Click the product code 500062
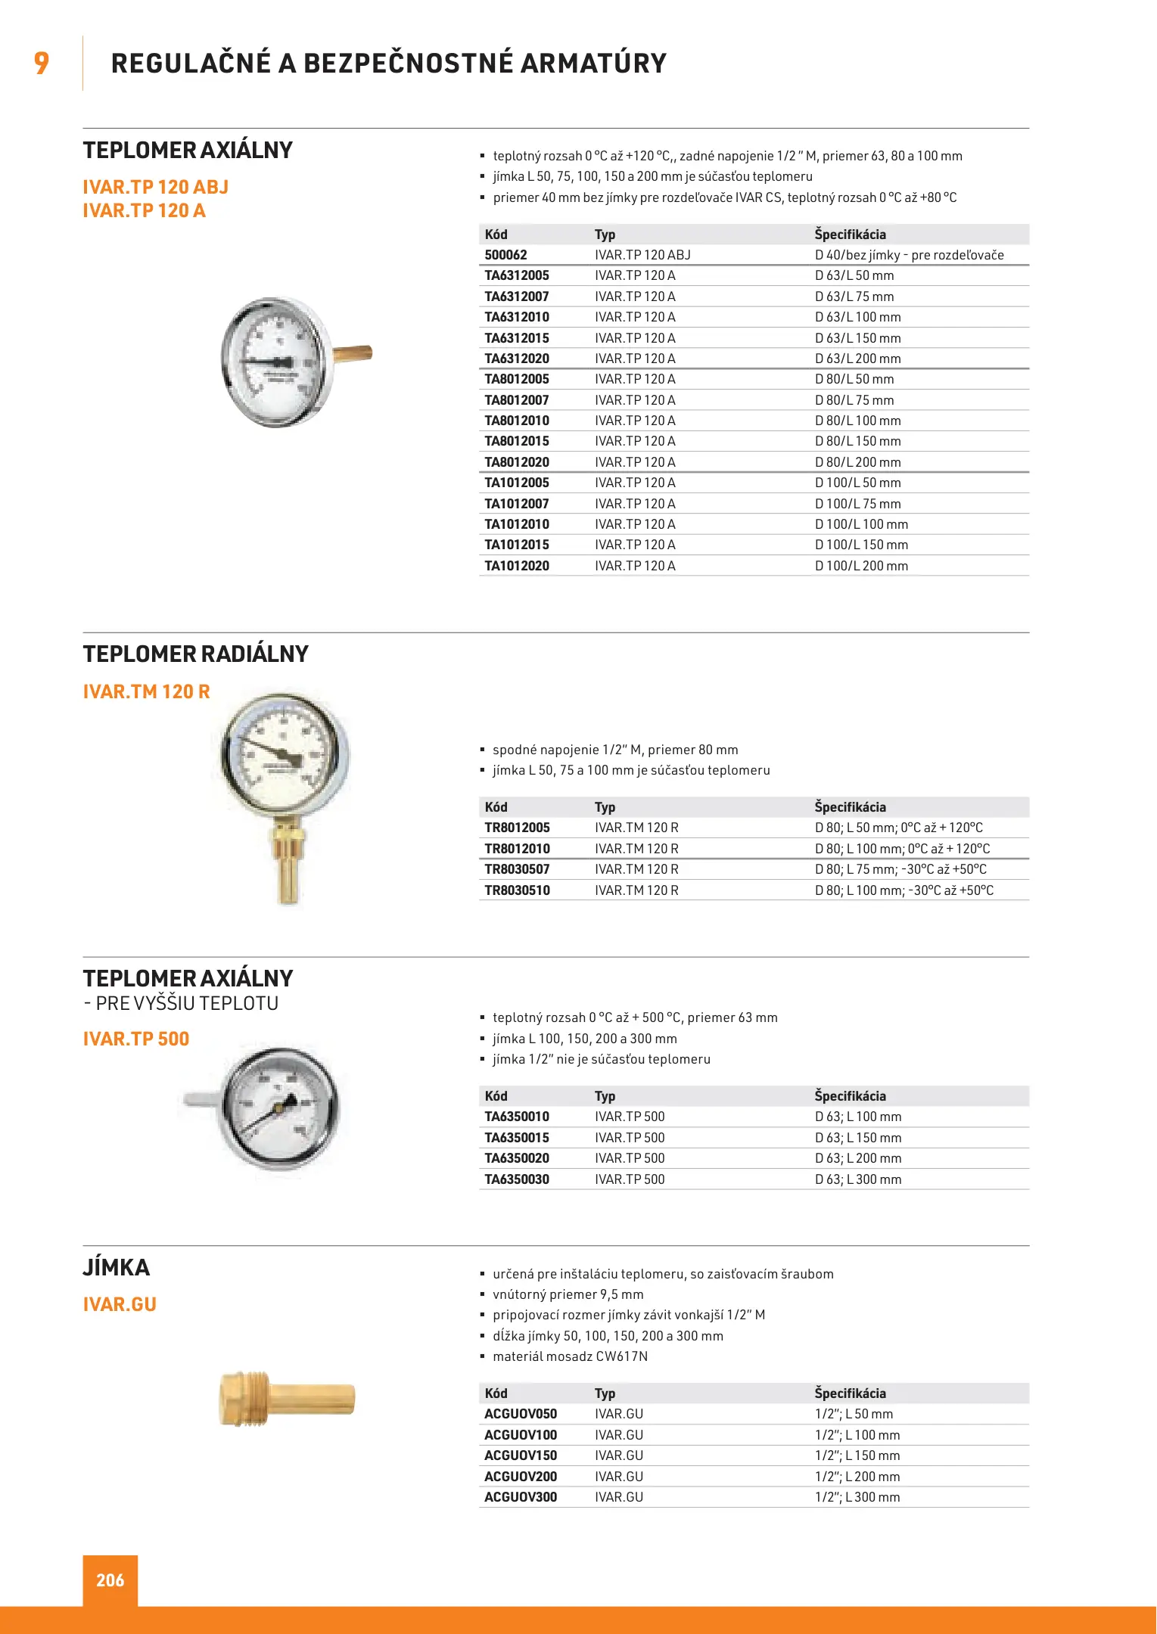[x=505, y=255]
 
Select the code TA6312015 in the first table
[x=517, y=338]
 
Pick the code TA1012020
[x=517, y=566]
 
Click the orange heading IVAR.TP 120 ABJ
[x=155, y=187]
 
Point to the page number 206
[x=110, y=1580]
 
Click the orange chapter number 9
[x=42, y=63]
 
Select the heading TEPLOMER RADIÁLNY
[x=195, y=654]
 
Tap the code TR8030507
[x=517, y=869]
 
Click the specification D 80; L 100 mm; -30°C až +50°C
[x=904, y=890]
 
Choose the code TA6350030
[x=517, y=1179]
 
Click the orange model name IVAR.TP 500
[x=136, y=1039]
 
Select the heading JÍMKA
[x=117, y=1267]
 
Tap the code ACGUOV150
[x=521, y=1455]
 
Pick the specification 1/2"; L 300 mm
[x=857, y=1497]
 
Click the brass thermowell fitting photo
[x=286, y=1399]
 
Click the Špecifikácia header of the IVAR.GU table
[x=850, y=1393]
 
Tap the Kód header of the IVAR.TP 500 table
[x=496, y=1096]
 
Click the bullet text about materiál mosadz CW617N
[x=570, y=1356]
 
